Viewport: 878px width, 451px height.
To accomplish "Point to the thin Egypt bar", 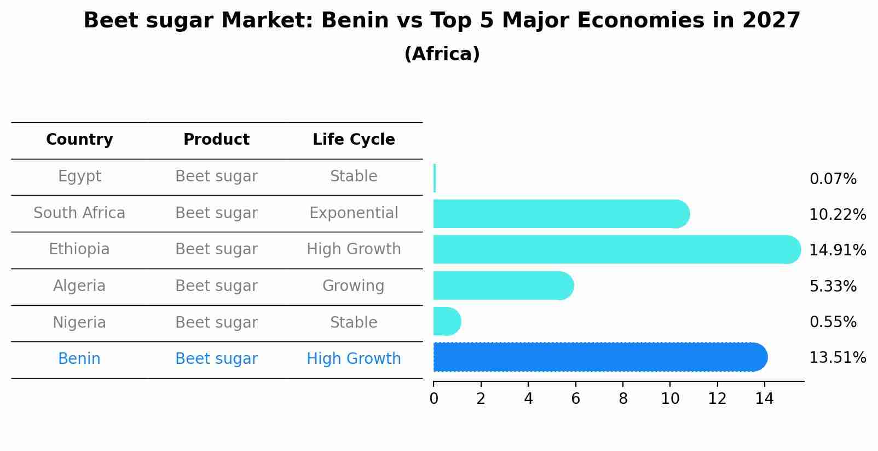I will (x=435, y=178).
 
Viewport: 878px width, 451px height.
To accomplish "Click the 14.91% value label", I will (x=837, y=250).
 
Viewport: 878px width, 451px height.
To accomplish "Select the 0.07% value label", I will (x=833, y=179).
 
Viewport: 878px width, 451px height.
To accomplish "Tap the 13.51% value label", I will (x=837, y=358).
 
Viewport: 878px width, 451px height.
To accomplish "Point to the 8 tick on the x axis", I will (x=623, y=399).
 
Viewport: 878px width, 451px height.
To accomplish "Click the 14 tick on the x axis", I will (x=764, y=399).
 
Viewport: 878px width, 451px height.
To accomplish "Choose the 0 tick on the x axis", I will (x=434, y=399).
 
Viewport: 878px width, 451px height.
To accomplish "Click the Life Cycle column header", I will (x=354, y=140).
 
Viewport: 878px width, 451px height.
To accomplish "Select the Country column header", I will (x=79, y=140).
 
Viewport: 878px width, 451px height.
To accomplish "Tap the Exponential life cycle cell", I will (x=354, y=213).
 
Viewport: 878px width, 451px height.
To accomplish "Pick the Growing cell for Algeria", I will (x=354, y=286).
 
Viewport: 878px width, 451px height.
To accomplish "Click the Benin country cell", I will (x=79, y=359).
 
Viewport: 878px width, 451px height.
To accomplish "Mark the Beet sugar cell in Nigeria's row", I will (x=216, y=323).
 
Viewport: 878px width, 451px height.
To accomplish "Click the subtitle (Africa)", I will (x=442, y=54).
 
